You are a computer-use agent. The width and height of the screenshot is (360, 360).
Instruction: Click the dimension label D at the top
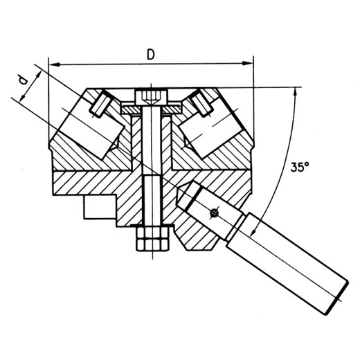pyautogui.click(x=151, y=55)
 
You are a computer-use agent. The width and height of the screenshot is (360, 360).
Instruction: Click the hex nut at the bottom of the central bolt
pyautogui.click(x=152, y=239)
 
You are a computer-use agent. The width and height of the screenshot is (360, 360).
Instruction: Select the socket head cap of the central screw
pyautogui.click(x=151, y=98)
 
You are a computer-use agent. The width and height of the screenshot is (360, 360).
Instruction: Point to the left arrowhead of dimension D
pyautogui.click(x=55, y=64)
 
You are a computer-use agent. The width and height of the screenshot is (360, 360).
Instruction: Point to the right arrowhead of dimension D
pyautogui.click(x=247, y=63)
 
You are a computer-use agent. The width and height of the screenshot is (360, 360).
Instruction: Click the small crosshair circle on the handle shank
pyautogui.click(x=214, y=213)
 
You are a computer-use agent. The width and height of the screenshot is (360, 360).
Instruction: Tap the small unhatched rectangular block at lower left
pyautogui.click(x=100, y=207)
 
